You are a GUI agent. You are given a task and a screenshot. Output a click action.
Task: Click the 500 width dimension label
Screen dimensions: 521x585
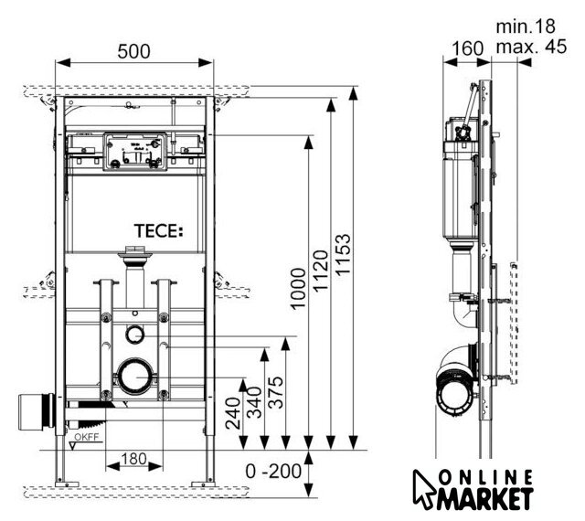[x=133, y=52]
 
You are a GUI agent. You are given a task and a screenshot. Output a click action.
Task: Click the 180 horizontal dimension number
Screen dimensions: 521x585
[x=133, y=457]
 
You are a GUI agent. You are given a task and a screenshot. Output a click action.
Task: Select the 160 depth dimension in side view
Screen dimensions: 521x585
[x=467, y=48]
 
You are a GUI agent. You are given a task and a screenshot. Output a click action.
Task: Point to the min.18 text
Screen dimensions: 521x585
[x=526, y=27]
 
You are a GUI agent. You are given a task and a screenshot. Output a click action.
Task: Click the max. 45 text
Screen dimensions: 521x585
[x=531, y=47]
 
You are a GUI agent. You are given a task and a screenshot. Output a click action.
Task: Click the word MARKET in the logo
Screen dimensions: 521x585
[x=485, y=499]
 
